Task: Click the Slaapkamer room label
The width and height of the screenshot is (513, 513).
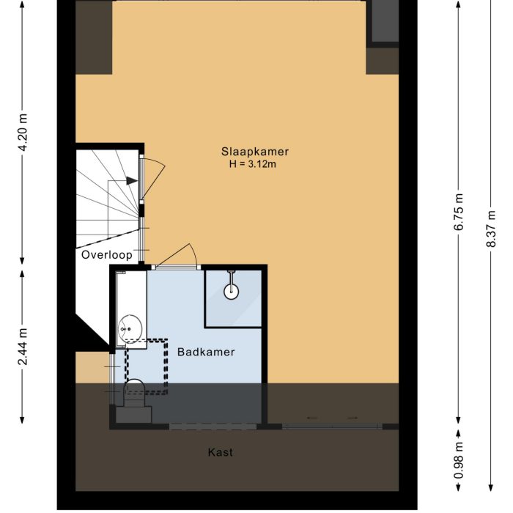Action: coord(255,152)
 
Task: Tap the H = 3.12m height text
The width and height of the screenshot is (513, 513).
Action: coord(253,164)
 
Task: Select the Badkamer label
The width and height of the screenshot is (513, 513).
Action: coord(206,352)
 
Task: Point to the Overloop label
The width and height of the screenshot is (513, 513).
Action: coord(107,255)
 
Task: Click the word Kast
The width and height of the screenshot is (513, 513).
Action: coord(221,452)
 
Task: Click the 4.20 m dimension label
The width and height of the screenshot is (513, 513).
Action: coord(23,133)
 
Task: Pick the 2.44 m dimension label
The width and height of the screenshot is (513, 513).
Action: coord(23,346)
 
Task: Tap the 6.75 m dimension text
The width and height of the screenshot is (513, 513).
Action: coord(459,212)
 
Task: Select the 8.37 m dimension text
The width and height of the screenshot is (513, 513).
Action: coord(491,228)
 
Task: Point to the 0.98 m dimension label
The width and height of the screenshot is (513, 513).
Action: coord(459,460)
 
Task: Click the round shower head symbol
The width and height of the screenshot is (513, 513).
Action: coord(232,291)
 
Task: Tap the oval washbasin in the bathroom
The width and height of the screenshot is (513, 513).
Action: coord(130,329)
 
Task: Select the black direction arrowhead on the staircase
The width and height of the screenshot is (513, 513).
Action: coord(132,180)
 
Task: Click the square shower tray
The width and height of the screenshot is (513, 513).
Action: coord(233,298)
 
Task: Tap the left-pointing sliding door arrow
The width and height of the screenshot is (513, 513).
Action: coord(312,418)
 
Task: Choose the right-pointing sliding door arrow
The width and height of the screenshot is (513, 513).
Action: coord(353,418)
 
